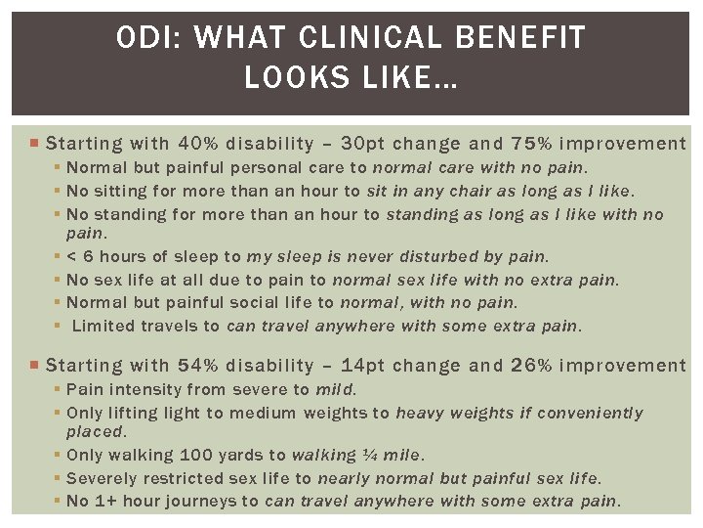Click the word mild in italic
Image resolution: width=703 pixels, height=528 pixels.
coord(336,389)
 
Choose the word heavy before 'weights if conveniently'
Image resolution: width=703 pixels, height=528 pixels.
coord(421,413)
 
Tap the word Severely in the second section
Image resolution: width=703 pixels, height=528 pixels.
coord(102,479)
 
